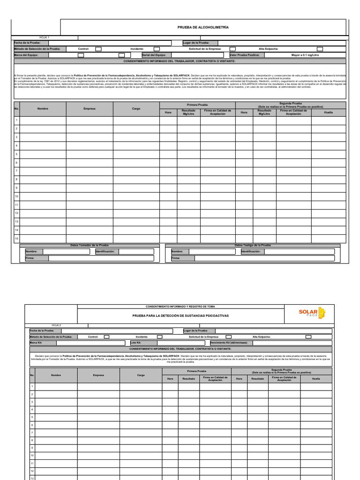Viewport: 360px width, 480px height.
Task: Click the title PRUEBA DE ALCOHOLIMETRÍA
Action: [x=203, y=28]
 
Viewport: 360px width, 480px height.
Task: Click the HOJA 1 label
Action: [x=45, y=37]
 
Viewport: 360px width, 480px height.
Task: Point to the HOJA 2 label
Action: [x=56, y=325]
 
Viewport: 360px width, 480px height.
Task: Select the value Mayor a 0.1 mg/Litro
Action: [x=305, y=55]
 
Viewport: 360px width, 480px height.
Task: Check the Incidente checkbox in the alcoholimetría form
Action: [x=157, y=49]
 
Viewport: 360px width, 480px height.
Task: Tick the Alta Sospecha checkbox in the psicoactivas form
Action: [x=308, y=337]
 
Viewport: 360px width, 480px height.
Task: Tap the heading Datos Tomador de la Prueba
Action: [x=89, y=245]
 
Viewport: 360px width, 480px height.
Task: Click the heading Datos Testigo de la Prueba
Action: [x=253, y=245]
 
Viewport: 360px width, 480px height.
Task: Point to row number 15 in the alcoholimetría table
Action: [x=16, y=239]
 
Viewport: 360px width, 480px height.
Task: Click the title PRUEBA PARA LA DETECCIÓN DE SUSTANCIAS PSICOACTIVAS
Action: [x=180, y=316]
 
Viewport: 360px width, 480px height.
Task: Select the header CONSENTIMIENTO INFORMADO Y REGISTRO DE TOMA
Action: [x=180, y=306]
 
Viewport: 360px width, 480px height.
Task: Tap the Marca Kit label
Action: [x=37, y=343]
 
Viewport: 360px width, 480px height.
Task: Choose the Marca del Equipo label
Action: [x=26, y=55]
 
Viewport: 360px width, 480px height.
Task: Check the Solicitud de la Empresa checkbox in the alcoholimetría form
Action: [x=232, y=49]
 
